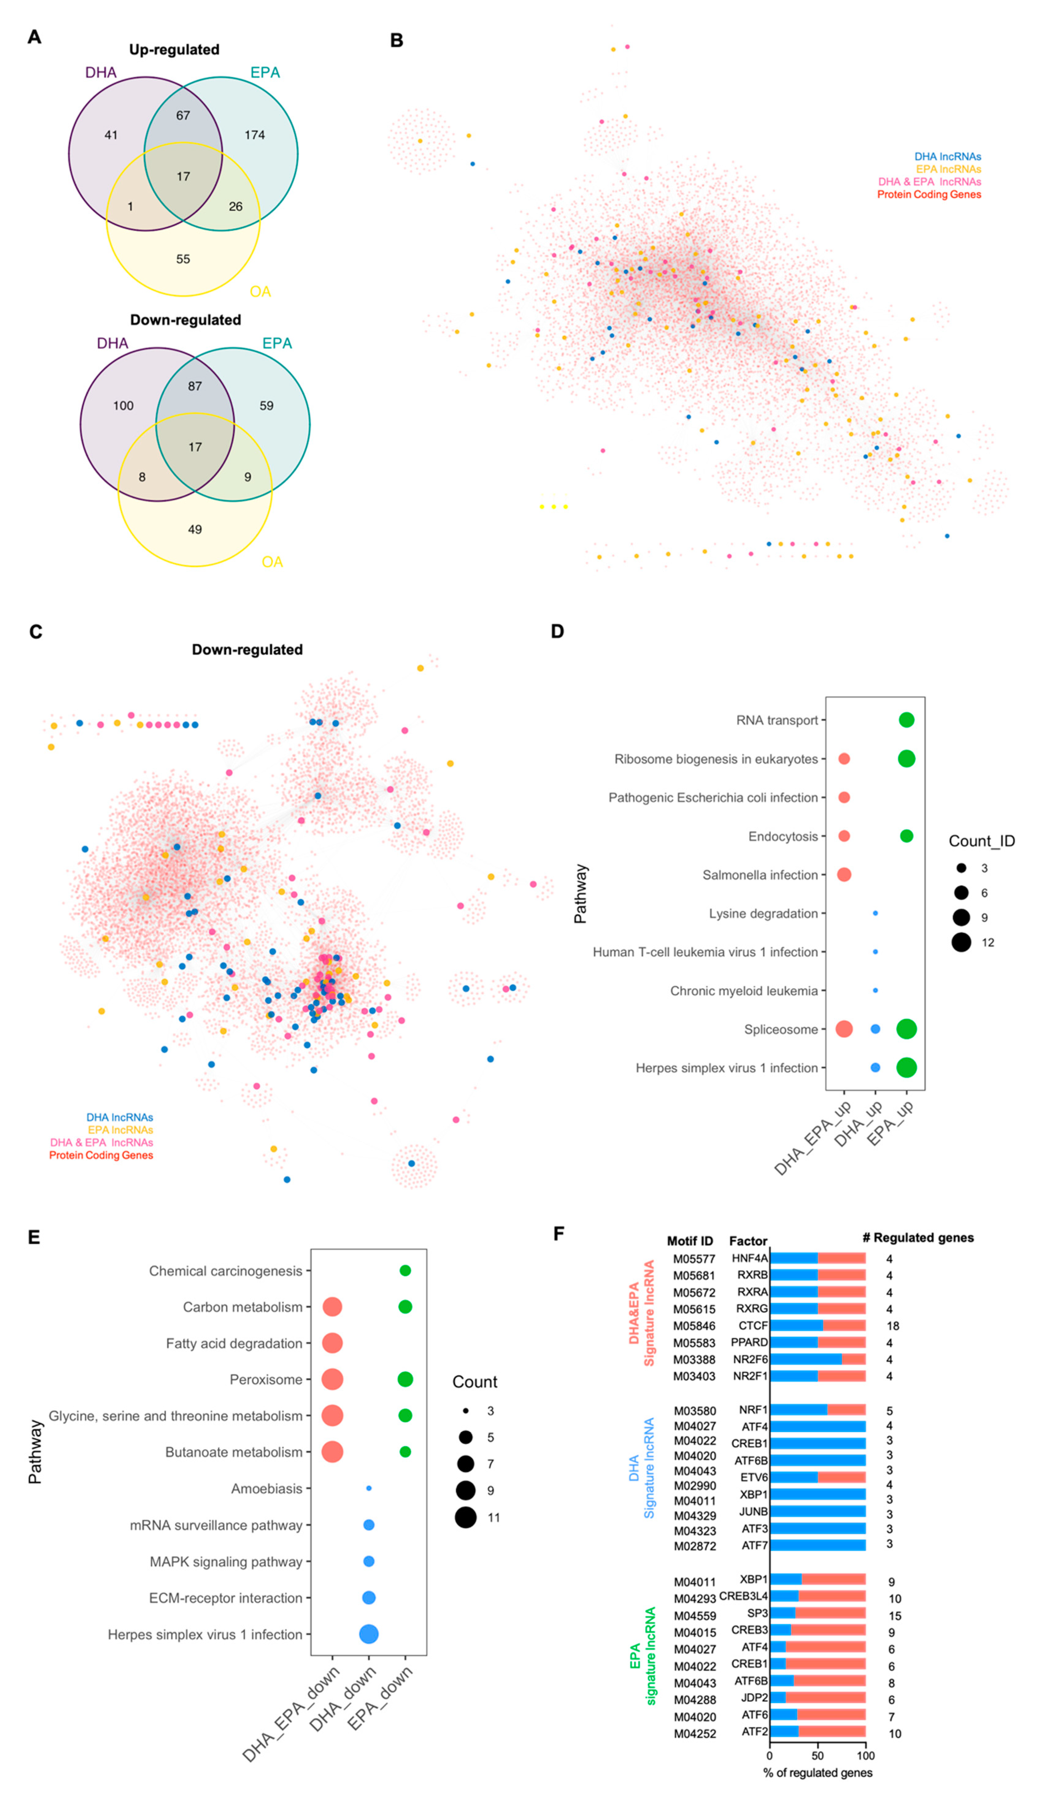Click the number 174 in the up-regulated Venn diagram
tap(255, 135)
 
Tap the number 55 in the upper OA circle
tap(183, 259)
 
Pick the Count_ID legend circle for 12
tap(961, 942)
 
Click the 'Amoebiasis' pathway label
tap(266, 1488)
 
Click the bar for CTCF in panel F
tap(817, 1326)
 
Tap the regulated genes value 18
tap(893, 1326)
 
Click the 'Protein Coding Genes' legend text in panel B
tap(929, 195)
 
